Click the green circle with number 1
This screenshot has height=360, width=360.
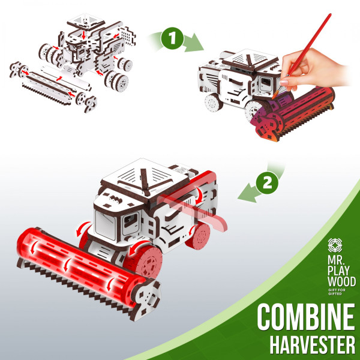click(x=172, y=38)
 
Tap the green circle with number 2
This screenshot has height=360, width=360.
click(x=267, y=183)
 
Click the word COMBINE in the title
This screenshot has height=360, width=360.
click(x=306, y=317)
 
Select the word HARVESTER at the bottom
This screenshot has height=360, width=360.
click(x=312, y=344)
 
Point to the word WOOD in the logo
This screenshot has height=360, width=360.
click(x=341, y=281)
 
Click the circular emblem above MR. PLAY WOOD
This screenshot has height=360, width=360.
click(x=335, y=245)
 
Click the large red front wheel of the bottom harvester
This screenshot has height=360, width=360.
click(x=143, y=261)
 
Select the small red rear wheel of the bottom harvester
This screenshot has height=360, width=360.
click(x=199, y=236)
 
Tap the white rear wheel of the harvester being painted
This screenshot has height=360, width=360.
click(x=213, y=103)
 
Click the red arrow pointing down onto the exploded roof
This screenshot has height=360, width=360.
click(x=84, y=35)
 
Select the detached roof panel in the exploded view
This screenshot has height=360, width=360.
click(x=86, y=22)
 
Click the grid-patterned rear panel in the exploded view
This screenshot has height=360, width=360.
click(x=127, y=36)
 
